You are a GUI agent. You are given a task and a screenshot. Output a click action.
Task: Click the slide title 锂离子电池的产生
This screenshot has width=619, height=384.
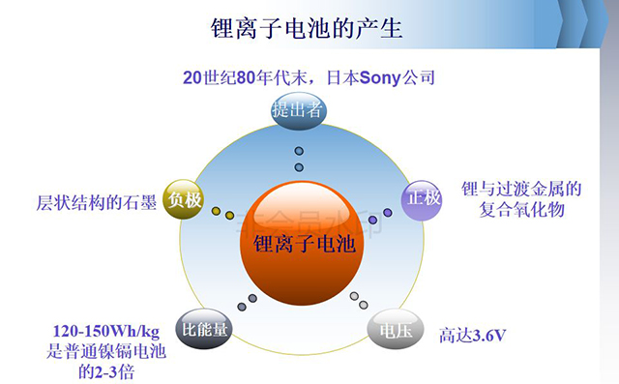coord(307,28)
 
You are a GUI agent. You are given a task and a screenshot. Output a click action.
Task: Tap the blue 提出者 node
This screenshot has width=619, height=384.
coord(299,110)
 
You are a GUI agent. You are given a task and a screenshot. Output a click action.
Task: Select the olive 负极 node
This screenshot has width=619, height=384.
coord(184,199)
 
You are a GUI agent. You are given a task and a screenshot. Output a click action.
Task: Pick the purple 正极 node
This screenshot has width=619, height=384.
coord(422,200)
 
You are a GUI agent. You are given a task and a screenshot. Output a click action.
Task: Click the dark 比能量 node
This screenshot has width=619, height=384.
coord(204,329)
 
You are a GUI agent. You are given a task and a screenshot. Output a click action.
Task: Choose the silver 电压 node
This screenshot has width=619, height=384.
coord(396,329)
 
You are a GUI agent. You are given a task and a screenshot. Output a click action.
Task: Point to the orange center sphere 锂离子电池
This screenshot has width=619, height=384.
coord(302,243)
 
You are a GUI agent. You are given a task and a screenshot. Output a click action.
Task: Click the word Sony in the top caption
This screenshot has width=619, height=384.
coord(380,77)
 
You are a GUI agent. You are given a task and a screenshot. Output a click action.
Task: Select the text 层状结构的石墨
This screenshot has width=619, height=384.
coord(97,202)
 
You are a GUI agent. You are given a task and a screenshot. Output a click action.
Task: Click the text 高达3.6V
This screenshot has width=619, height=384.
coord(473,336)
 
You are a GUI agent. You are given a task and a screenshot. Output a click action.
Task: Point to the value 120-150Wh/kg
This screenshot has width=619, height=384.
coord(106,332)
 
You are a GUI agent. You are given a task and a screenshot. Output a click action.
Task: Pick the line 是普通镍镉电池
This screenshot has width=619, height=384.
coord(106,351)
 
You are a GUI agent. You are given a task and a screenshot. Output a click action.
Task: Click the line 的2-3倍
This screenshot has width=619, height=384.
coord(106,371)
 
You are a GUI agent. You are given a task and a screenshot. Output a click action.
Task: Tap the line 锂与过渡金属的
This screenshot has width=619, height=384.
coord(521,189)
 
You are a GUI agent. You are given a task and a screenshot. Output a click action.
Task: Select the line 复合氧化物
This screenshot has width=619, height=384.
coord(521,209)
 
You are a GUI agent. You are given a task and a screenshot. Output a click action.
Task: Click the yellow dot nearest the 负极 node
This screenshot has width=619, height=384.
coord(216,211)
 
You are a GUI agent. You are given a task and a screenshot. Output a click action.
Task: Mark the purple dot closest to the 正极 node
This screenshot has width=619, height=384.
coord(388,213)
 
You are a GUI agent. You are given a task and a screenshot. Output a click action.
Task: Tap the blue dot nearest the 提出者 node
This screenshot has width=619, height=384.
coord(299,151)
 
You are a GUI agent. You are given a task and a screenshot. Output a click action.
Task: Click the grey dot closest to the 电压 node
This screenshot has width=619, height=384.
coord(364,305)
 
